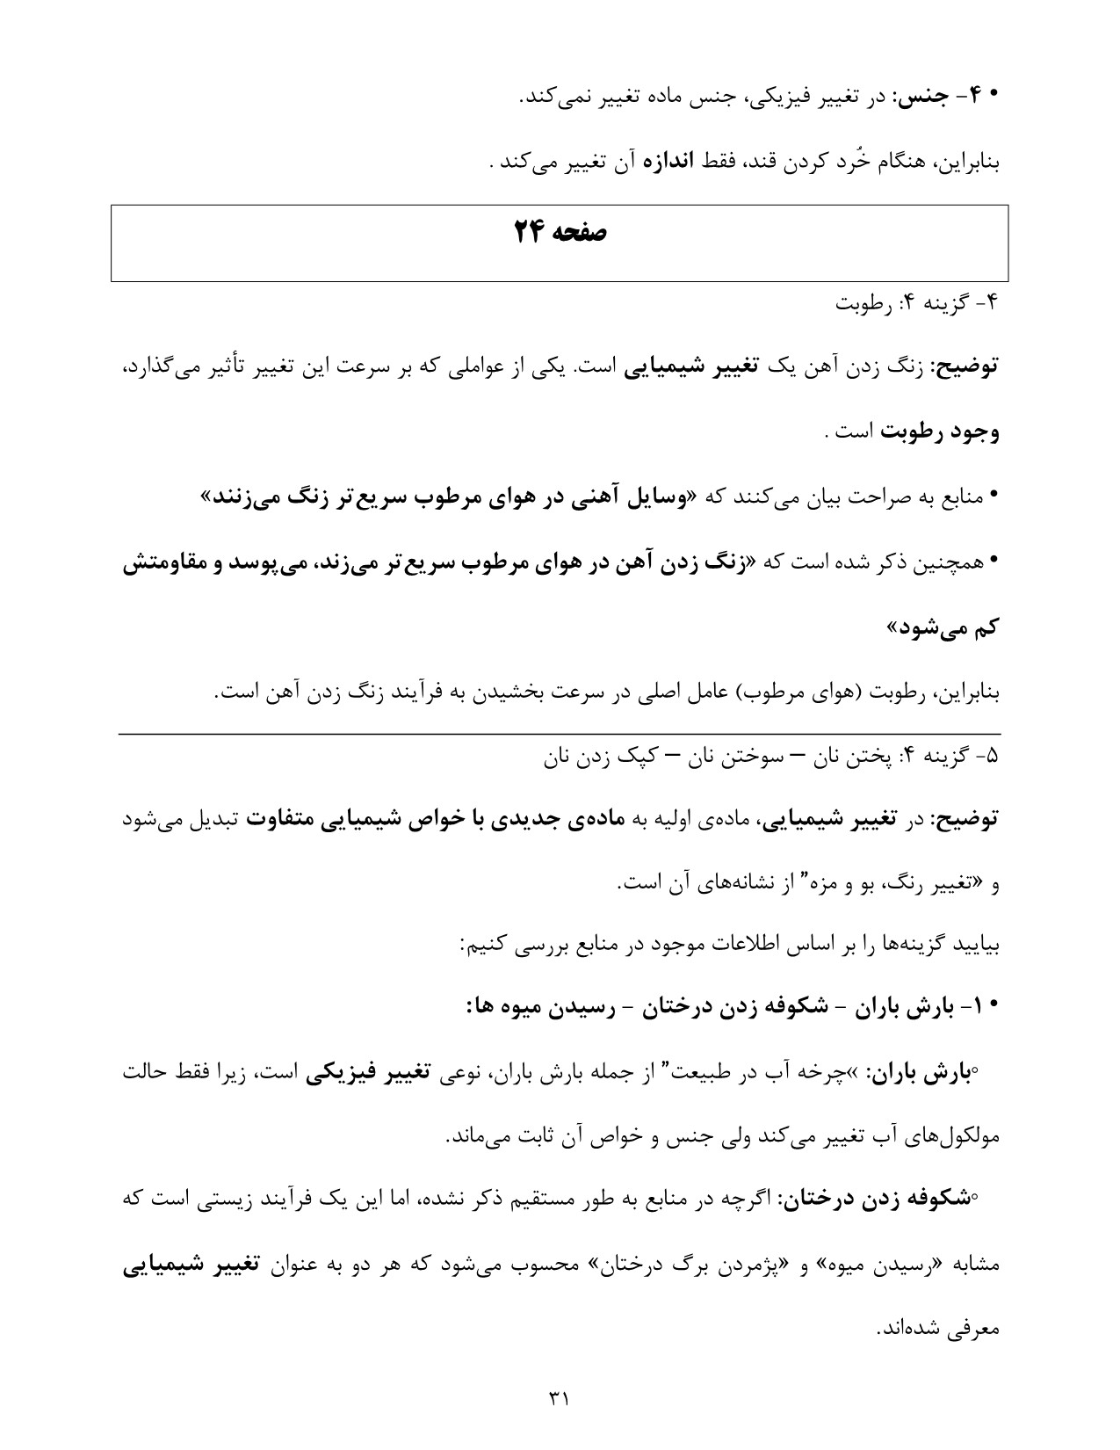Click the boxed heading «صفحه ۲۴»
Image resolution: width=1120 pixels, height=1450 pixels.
tap(560, 233)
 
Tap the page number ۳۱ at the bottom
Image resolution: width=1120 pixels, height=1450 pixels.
tap(560, 1396)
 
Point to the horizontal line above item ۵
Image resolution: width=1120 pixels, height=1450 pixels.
tap(560, 733)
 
